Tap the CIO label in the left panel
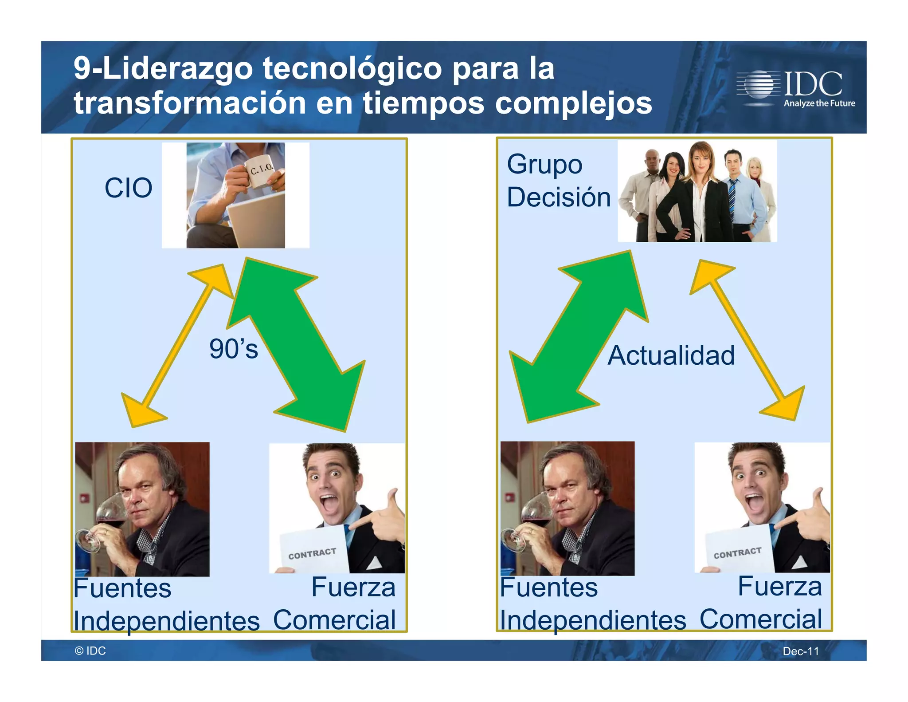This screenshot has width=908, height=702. tap(129, 188)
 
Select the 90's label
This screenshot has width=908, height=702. tap(234, 349)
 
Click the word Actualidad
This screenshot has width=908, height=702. tap(671, 355)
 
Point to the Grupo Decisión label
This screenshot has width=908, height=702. tap(558, 181)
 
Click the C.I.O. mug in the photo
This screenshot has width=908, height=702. tap(260, 172)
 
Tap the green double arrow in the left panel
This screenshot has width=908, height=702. tap(297, 344)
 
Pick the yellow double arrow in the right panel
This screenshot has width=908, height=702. tap(748, 339)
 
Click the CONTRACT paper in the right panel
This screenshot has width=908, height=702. tap(738, 552)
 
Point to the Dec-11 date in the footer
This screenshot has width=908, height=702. tap(800, 651)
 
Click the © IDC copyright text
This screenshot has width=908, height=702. tap(90, 651)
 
